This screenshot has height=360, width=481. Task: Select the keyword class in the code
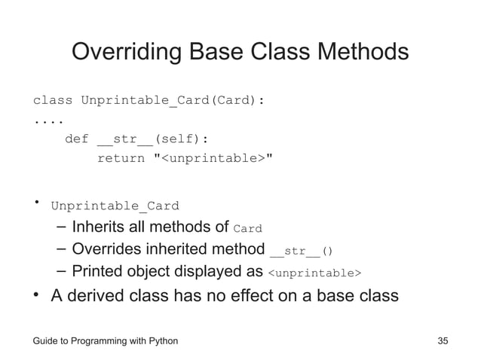tap(52, 100)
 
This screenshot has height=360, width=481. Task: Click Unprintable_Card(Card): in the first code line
tap(173, 100)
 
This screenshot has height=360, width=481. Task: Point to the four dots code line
tap(47, 120)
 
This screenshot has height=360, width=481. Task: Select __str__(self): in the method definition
tap(156, 139)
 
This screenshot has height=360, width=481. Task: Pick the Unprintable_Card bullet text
tap(115, 206)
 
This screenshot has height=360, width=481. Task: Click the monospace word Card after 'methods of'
tap(248, 228)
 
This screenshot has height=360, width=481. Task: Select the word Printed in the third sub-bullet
tap(97, 271)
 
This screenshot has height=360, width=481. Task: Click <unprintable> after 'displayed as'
tap(315, 273)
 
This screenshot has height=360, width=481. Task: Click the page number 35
tap(443, 341)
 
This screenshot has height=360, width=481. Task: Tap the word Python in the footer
tap(160, 341)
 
